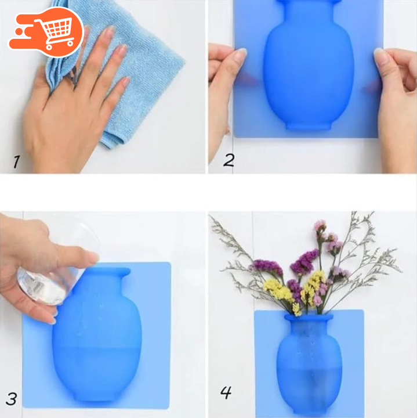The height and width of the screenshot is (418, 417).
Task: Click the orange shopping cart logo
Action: click(46, 32)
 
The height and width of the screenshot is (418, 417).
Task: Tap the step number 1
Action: click(16, 162)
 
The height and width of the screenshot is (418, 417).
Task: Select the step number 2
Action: click(229, 160)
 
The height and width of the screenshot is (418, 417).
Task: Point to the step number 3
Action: click(11, 399)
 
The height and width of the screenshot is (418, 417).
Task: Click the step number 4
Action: click(226, 392)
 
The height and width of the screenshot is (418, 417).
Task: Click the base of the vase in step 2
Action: click(309, 126)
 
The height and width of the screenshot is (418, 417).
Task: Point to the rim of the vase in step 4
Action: click(309, 318)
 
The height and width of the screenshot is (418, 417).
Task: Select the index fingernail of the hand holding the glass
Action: click(93, 257)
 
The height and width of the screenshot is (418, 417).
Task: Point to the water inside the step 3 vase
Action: click(97, 373)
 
